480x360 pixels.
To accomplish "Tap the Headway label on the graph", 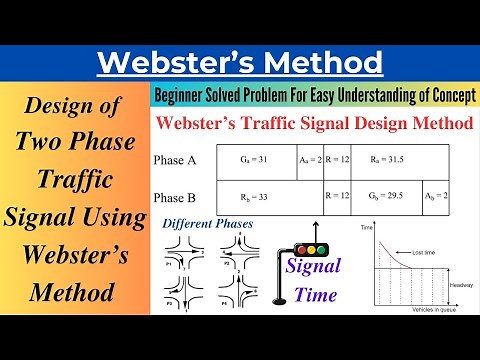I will (460, 284).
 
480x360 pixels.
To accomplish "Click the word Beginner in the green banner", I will (185, 94).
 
